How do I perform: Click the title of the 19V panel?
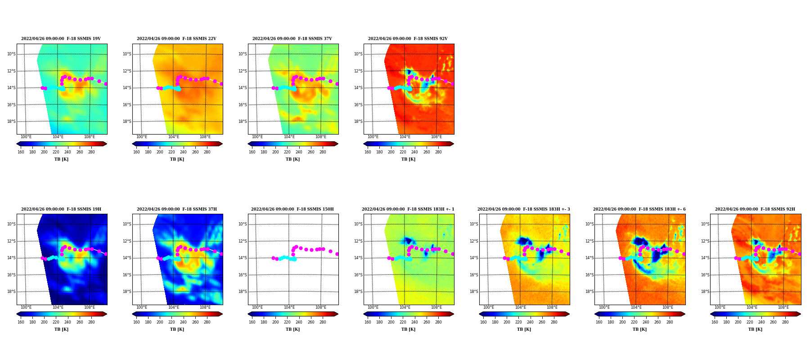pos(61,39)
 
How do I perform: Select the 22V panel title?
pos(176,39)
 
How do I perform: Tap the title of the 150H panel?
pos(292,209)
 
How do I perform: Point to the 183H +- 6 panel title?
pos(639,209)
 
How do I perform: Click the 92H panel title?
pos(755,209)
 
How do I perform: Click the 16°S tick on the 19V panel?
pos(11,105)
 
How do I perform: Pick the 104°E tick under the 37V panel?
pos(289,137)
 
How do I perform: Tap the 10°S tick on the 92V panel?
pos(358,54)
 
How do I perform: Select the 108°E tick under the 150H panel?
pos(321,307)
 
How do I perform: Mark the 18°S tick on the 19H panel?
pos(11,292)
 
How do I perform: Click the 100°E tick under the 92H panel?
pos(720,307)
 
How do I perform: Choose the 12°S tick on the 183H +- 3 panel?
pos(474,241)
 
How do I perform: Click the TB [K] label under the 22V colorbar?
pos(177,159)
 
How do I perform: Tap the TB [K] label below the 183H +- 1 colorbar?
pos(408,329)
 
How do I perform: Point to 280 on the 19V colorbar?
pos(91,152)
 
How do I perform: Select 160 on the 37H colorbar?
pos(136,322)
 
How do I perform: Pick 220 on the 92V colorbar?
pos(403,152)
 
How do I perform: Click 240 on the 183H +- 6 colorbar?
pos(646,322)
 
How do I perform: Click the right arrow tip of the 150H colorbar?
pos(338,314)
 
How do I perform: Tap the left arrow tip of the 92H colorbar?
pos(710,314)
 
